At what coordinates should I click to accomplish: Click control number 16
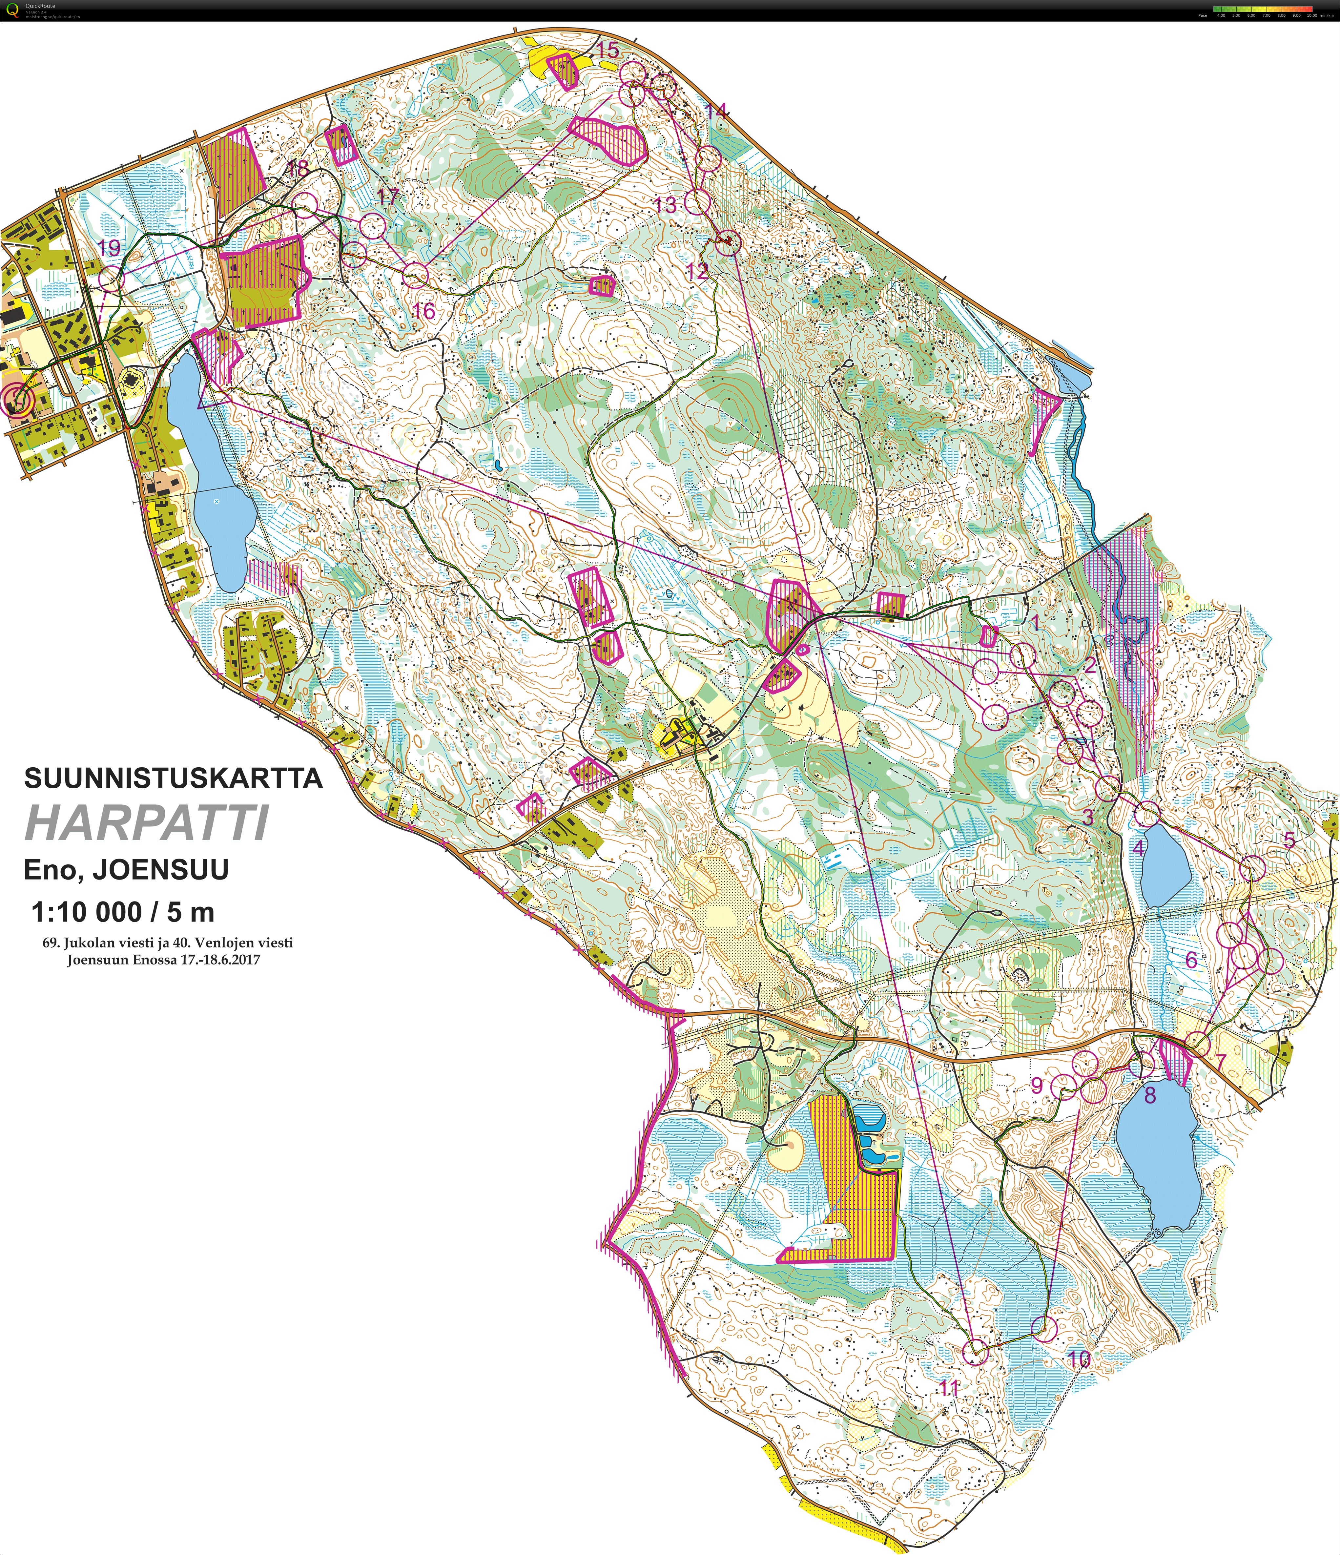point(424,310)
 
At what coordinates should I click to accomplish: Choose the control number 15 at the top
point(608,50)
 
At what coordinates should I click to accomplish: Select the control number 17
point(388,197)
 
